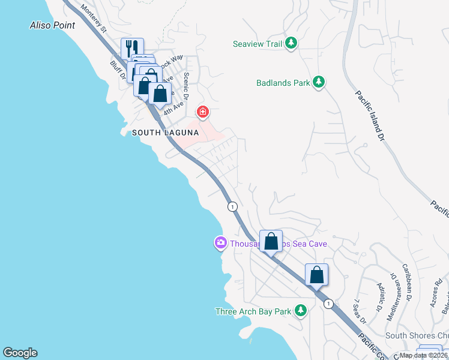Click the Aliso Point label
coord(53,25)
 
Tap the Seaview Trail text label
coord(258,43)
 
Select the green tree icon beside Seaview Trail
coord(291,43)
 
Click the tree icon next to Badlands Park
coord(319,82)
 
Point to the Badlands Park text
coord(283,82)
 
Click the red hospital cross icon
coord(203,112)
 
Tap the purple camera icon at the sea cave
coord(220,243)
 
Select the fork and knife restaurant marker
coord(132,48)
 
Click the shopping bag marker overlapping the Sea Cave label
coord(271,241)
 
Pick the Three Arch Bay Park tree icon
coord(301,311)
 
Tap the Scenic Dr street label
coord(186,86)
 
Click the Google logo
coord(20,353)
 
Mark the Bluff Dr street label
coord(116,70)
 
